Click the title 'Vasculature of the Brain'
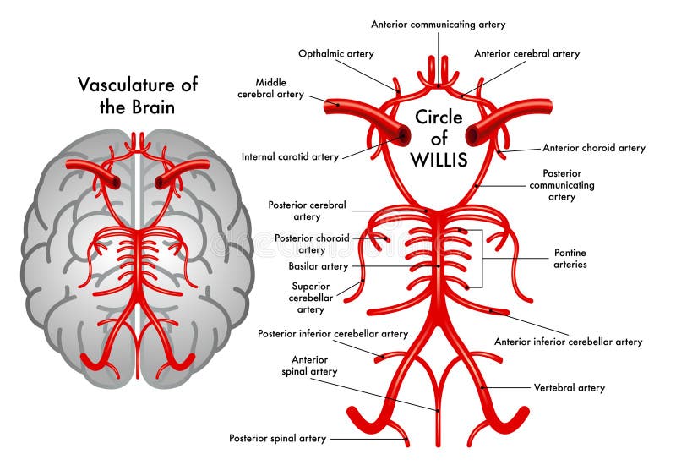(139, 96)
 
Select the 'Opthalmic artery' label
(336, 54)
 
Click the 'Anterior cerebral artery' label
(527, 54)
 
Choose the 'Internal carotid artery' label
(290, 156)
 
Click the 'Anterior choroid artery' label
(594, 148)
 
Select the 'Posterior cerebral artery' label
(307, 211)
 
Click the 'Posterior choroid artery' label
(312, 243)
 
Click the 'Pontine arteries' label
(570, 258)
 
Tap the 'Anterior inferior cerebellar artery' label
(569, 342)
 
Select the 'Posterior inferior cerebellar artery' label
(333, 334)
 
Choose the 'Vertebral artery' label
(570, 388)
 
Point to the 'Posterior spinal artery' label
(278, 438)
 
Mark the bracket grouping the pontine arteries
(482, 258)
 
